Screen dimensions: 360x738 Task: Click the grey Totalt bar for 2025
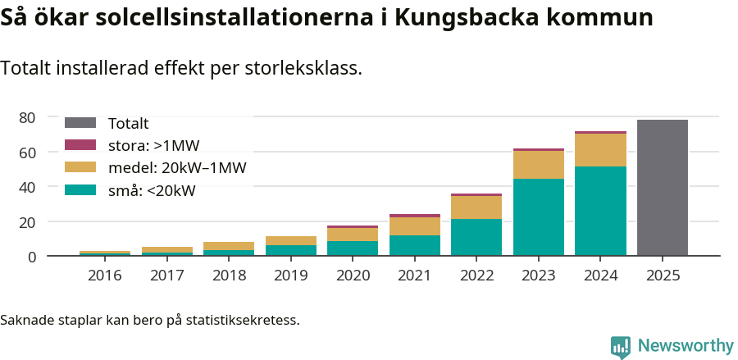click(662, 188)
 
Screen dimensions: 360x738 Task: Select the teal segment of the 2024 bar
click(600, 211)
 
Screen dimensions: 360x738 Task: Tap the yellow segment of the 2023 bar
click(538, 165)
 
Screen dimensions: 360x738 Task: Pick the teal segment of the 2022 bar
click(476, 237)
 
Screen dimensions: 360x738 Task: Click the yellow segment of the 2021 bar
click(414, 226)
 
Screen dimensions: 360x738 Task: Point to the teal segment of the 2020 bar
click(353, 248)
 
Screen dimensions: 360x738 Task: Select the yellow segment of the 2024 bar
click(600, 150)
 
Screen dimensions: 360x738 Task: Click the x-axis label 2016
click(104, 276)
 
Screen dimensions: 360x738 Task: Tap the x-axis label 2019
click(290, 276)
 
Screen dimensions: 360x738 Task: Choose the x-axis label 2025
click(662, 276)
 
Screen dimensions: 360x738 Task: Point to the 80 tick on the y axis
click(28, 118)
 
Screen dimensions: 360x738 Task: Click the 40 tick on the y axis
click(28, 187)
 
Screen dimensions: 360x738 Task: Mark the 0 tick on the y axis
click(32, 257)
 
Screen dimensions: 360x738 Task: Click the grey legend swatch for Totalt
click(80, 123)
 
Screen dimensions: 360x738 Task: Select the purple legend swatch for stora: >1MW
click(80, 145)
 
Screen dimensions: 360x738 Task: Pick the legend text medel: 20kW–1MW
click(177, 168)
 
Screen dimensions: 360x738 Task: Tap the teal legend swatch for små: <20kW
click(80, 190)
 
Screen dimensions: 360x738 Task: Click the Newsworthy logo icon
click(621, 347)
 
